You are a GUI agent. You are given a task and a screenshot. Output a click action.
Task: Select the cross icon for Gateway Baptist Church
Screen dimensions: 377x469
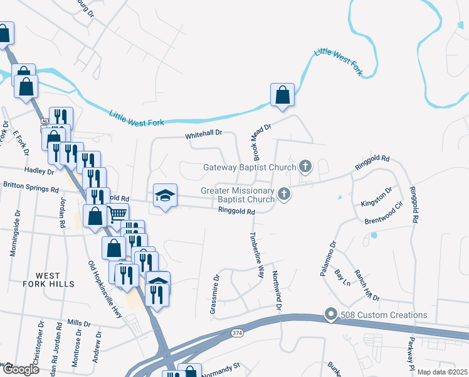pos(305,167)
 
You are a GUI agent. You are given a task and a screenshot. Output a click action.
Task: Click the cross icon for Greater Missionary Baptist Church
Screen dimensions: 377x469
pos(285,194)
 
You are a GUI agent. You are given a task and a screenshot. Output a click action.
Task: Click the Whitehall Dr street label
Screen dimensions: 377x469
pos(204,134)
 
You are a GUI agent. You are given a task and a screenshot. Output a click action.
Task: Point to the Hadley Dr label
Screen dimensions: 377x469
pos(40,171)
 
